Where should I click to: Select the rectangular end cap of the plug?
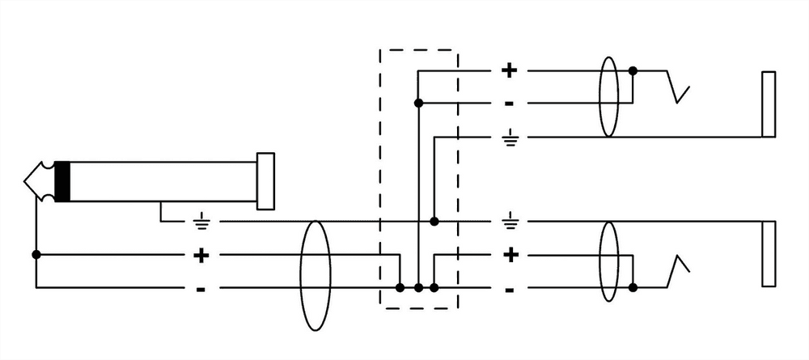265,177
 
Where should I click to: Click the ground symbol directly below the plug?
201,219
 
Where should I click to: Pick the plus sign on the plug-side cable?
201,256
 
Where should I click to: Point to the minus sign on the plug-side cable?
201,289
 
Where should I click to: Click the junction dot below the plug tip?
36,254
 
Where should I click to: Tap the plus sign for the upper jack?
509,70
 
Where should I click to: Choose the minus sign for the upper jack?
509,104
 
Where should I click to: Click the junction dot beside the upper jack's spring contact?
633,71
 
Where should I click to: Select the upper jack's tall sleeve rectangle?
769,104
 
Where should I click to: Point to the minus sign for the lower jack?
510,289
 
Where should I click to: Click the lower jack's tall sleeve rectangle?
769,252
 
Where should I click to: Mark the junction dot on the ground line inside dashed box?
434,221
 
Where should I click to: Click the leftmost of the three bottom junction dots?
400,287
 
